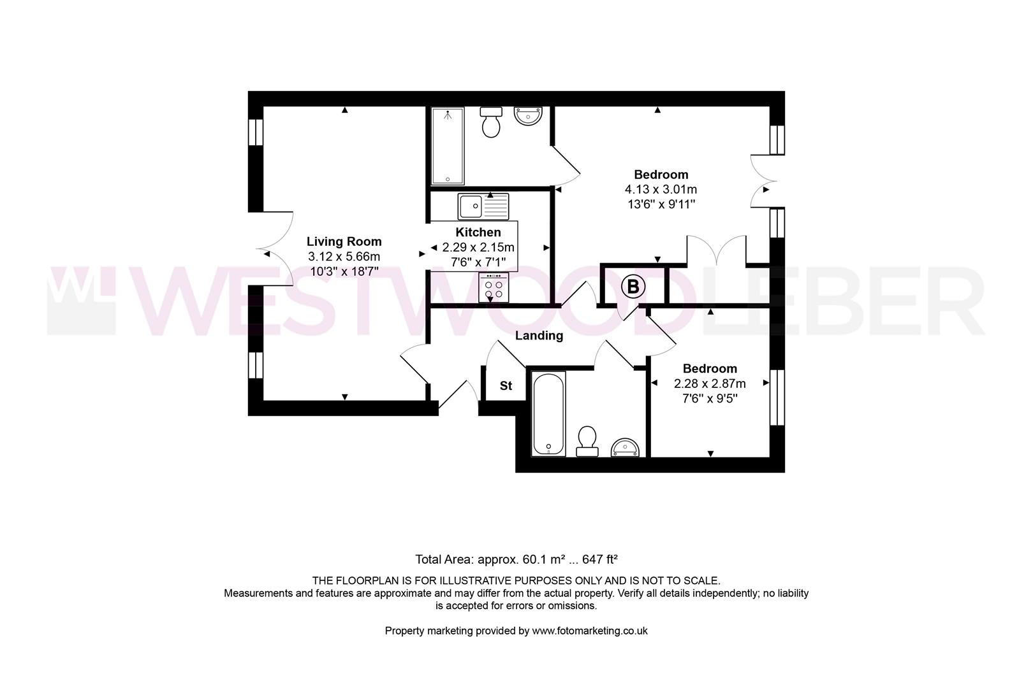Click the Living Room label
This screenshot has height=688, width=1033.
point(344,241)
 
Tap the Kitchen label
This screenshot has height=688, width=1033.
point(478,233)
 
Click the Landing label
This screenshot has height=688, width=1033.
point(539,336)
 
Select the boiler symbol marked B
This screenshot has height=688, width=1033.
point(633,287)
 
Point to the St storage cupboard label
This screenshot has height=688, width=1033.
point(506,386)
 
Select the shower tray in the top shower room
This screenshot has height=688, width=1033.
point(448,146)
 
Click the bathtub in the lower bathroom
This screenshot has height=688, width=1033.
point(548,414)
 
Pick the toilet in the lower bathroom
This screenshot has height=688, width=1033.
point(587,441)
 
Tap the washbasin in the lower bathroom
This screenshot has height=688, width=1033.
point(625,447)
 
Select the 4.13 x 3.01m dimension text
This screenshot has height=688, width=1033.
point(661,189)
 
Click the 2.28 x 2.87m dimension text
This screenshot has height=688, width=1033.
point(710,383)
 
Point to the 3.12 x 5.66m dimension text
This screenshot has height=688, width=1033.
point(344,257)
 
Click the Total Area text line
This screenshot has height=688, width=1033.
point(516,559)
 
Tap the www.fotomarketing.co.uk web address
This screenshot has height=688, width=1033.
point(590,631)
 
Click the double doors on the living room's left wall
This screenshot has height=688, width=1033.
point(275,248)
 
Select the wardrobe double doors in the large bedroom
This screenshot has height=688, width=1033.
point(716,250)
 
